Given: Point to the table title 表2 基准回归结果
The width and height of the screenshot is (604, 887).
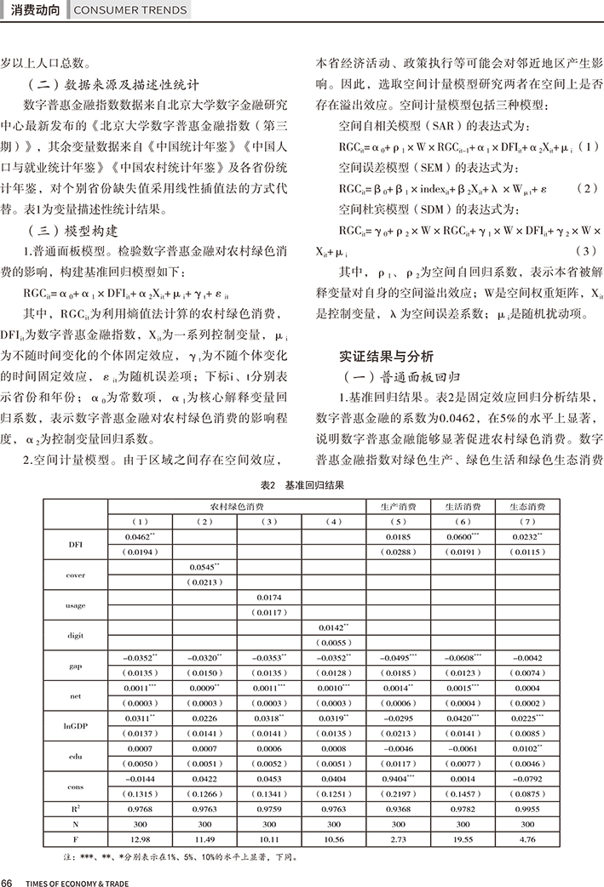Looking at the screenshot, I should coord(302,484).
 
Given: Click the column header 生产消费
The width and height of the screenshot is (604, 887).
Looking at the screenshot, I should coord(398,506).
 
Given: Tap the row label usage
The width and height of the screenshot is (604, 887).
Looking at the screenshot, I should coord(75,605).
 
